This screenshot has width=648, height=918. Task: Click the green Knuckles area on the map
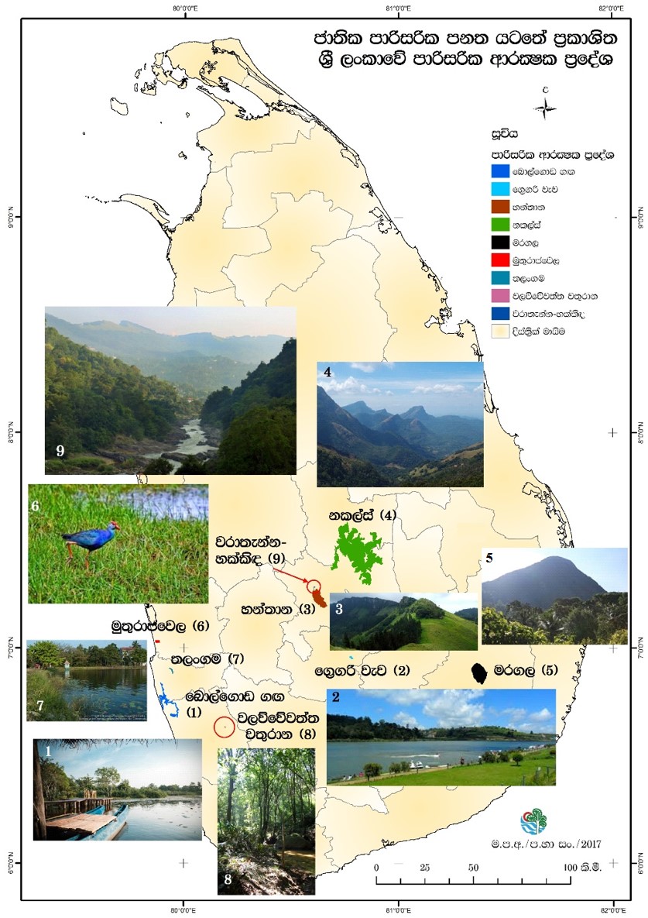pyautogui.click(x=358, y=552)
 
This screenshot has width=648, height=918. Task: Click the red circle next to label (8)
pyautogui.click(x=224, y=727)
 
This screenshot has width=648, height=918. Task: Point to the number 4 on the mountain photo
pyautogui.click(x=328, y=372)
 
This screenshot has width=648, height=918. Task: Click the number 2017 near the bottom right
pyautogui.click(x=588, y=842)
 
